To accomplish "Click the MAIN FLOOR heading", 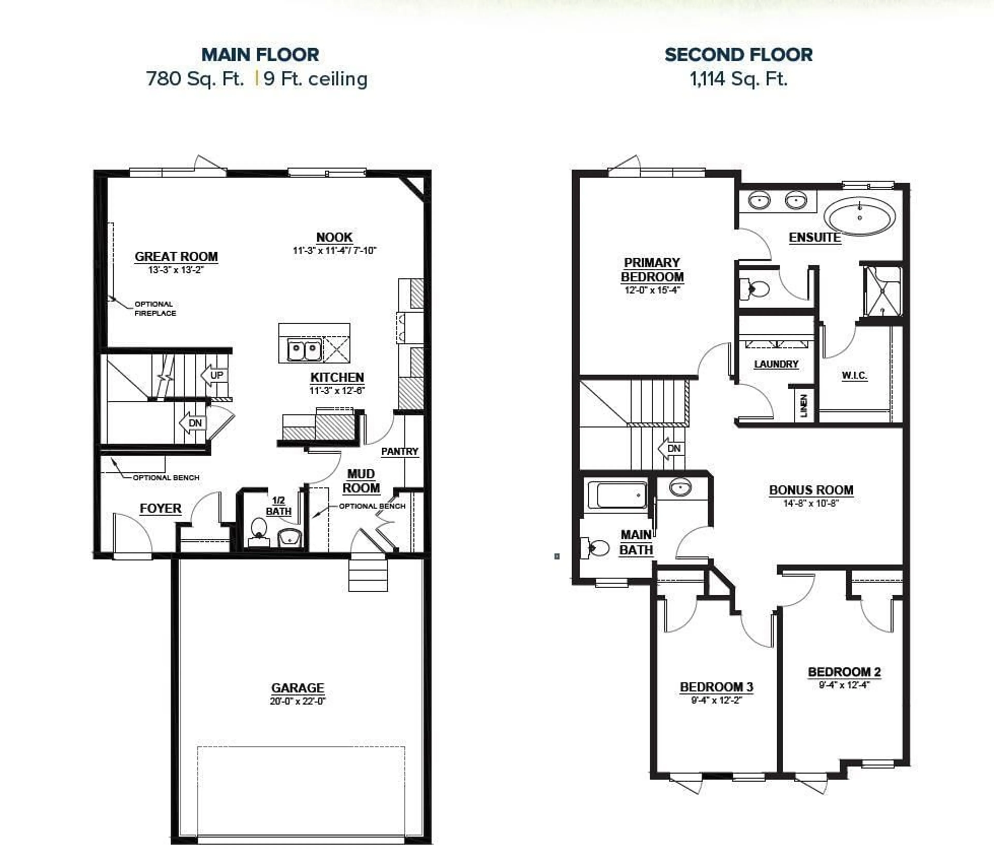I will point(260,55).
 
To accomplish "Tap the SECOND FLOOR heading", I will point(738,55).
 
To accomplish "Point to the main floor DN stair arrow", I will point(193,423).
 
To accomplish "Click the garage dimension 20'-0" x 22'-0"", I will point(297,701).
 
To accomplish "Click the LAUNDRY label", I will point(776,364).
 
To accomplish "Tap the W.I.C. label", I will point(854,376).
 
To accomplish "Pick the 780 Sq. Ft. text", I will point(195,78).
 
